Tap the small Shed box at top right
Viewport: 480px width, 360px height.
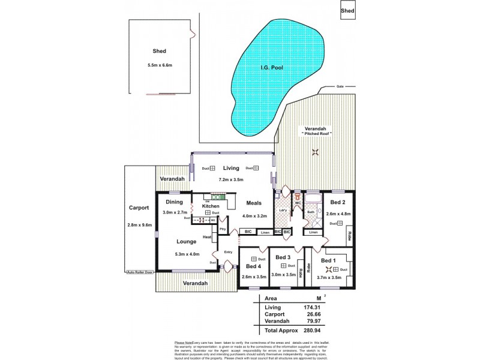347,11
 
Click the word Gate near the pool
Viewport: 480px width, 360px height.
340,86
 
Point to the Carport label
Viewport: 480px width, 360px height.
139,208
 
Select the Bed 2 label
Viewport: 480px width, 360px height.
338,202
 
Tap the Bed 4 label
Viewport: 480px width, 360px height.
254,265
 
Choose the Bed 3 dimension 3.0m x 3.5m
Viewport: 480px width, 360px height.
284,275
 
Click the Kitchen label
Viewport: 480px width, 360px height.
211,206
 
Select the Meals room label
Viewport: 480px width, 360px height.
253,202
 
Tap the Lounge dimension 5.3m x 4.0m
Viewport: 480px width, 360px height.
187,254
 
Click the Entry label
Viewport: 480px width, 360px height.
228,252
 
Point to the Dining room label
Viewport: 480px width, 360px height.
175,202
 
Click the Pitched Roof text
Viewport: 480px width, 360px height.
316,133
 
